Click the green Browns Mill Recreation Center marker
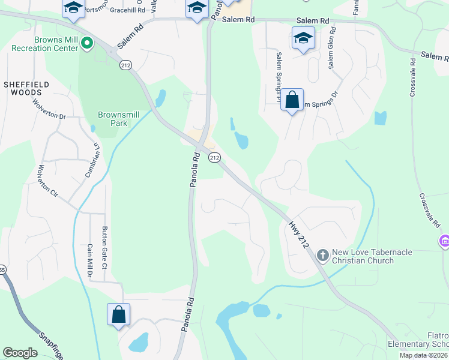[x=87, y=43]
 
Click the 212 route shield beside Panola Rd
[x=214, y=157]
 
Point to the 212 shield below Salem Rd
[x=125, y=65]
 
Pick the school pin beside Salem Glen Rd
[x=303, y=38]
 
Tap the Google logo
[x=20, y=353]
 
